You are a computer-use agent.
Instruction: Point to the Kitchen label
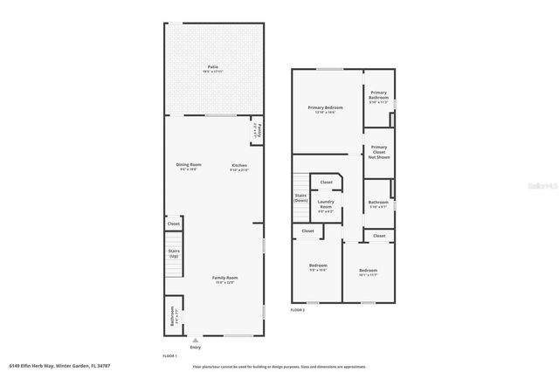pyautogui.click(x=238, y=166)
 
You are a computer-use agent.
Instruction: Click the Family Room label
pyautogui.click(x=224, y=279)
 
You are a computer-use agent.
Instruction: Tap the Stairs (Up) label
pyautogui.click(x=173, y=253)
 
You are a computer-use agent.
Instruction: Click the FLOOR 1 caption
pyautogui.click(x=169, y=355)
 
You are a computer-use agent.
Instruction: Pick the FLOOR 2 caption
pyautogui.click(x=298, y=309)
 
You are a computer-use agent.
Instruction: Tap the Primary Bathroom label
pyautogui.click(x=378, y=95)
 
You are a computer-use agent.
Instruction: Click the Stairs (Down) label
pyautogui.click(x=300, y=198)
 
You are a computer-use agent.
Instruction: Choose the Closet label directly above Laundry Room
pyautogui.click(x=326, y=182)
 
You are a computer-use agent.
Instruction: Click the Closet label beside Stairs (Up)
pyautogui.click(x=173, y=224)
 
